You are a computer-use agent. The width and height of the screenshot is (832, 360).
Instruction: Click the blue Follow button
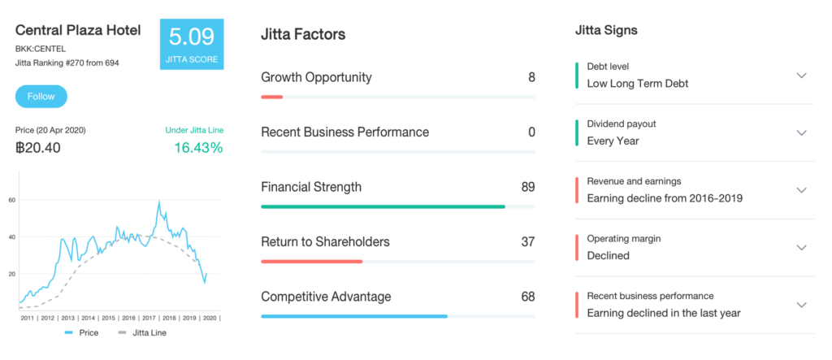coord(41,97)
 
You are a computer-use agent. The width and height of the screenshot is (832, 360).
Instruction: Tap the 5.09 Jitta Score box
coord(192,44)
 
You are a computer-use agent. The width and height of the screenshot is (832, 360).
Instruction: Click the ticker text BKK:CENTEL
coord(41,50)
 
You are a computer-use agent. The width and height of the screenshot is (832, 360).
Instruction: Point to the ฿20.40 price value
coord(37,148)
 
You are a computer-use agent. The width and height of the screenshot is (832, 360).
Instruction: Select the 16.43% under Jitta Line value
coord(198,148)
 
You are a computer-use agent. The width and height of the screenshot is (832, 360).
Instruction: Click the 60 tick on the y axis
coord(11,200)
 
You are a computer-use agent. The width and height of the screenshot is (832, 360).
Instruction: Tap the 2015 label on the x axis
coord(109,318)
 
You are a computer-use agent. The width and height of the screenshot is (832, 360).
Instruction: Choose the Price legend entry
coord(82,333)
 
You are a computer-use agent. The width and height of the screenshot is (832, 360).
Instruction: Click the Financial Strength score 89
coord(528,187)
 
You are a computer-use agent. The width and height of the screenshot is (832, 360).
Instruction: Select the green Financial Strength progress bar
coord(383,206)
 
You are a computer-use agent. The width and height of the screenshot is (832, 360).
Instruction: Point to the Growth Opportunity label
coord(316,77)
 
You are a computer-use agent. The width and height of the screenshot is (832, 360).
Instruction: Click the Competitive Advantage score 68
coord(528,297)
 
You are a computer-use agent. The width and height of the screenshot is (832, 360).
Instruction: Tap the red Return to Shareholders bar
coord(311,261)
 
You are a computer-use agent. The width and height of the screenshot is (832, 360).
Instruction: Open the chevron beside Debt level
coord(802,76)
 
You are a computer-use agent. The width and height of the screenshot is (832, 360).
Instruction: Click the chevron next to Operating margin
coord(802,247)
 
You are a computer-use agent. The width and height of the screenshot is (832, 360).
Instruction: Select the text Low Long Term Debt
coord(638,84)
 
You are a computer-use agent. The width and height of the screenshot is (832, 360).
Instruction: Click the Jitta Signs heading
coord(606,30)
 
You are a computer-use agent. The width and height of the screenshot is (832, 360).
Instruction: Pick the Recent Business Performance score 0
coord(531,132)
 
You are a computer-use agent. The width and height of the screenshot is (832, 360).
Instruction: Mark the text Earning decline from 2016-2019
coord(665,198)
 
